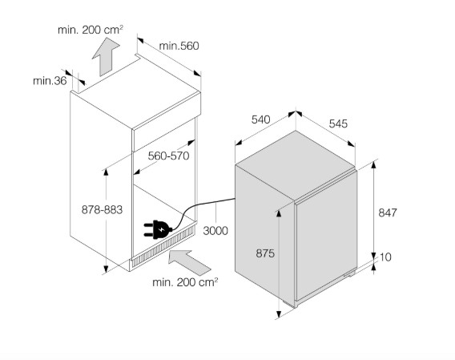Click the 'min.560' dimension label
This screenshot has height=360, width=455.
tap(179, 46)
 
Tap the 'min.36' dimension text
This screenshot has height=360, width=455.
tap(50, 81)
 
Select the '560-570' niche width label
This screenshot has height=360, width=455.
tap(168, 156)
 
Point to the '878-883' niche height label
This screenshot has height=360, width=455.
tap(102, 209)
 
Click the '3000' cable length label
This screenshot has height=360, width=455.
tap(215, 231)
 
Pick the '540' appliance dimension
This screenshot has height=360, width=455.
tap(260, 119)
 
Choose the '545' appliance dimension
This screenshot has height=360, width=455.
tap(338, 123)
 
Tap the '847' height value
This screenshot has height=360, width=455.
tap(388, 212)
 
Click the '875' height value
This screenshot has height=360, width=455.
tap(265, 253)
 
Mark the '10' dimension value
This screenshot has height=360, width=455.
tap(385, 257)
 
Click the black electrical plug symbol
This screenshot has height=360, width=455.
tap(158, 229)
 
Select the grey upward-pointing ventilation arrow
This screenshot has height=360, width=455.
tap(106, 57)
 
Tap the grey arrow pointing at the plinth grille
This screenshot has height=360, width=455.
tap(190, 262)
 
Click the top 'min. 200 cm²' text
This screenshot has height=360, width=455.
tap(91, 30)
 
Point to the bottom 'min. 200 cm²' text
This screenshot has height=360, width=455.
tap(185, 282)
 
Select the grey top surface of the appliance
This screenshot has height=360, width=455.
tap(295, 165)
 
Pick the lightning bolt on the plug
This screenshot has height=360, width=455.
tap(161, 229)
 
